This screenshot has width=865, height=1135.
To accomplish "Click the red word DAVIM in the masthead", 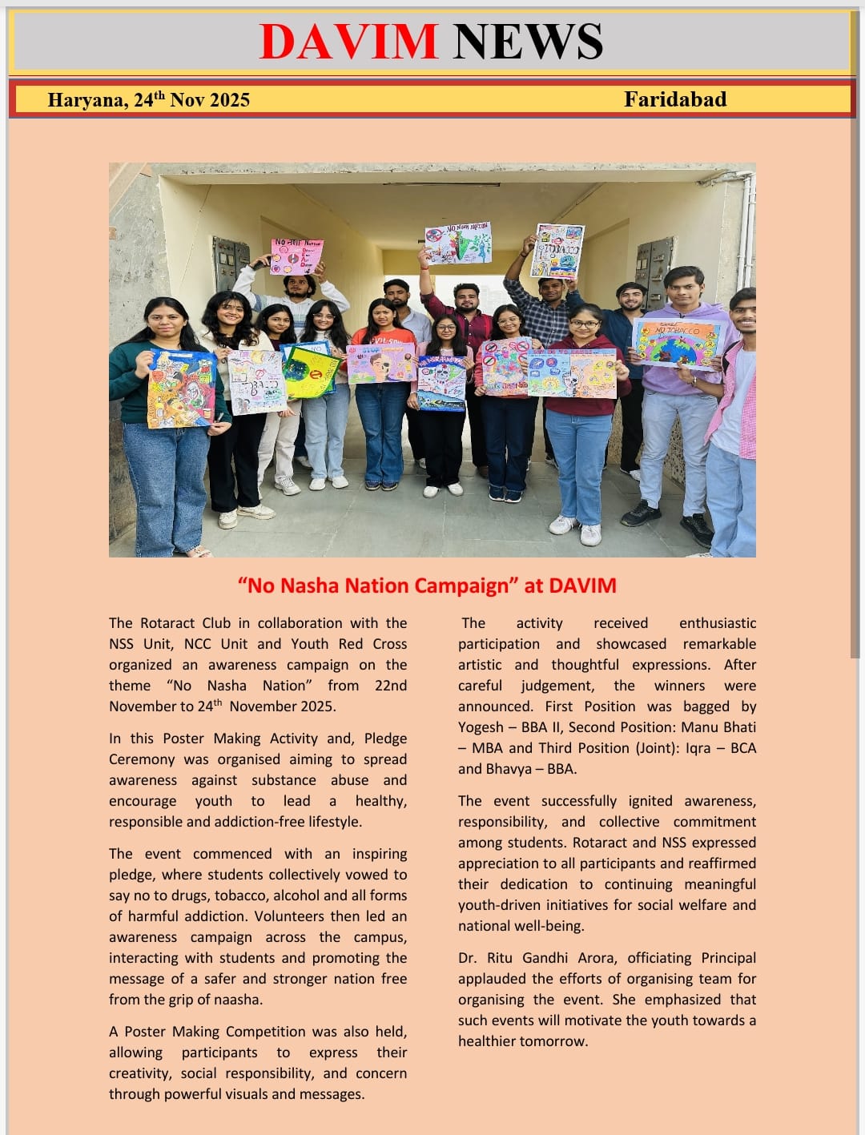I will (349, 42).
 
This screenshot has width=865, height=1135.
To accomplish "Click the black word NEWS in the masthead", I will (528, 42).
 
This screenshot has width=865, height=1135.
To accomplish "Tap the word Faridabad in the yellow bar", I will (675, 99).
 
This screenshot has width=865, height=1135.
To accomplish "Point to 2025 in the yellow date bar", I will (230, 100).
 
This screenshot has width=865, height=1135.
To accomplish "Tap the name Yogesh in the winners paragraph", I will (481, 727).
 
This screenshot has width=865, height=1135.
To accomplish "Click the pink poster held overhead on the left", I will (297, 256).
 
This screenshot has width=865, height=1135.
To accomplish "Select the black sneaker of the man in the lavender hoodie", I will (642, 513).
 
